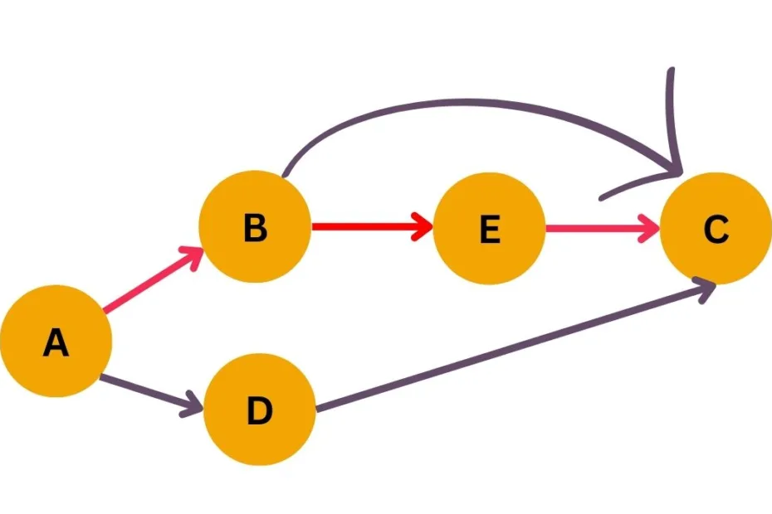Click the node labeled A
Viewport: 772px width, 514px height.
pyautogui.click(x=56, y=341)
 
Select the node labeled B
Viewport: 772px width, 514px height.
pyautogui.click(x=255, y=227)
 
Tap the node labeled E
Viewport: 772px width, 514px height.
pyautogui.click(x=490, y=228)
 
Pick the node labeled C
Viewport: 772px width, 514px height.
pyautogui.click(x=716, y=228)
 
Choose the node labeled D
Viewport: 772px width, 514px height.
pyautogui.click(x=260, y=410)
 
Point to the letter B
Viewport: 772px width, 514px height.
pyautogui.click(x=255, y=228)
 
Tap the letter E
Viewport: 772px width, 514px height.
pyautogui.click(x=490, y=229)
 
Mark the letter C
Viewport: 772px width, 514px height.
pyautogui.click(x=716, y=229)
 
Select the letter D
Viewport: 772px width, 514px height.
pyautogui.click(x=260, y=410)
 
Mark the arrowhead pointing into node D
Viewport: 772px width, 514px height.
pyautogui.click(x=194, y=405)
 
